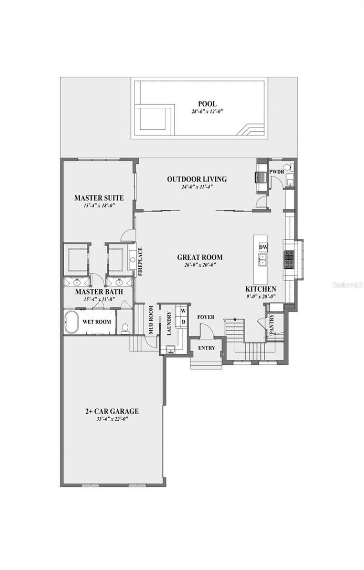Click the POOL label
click(207, 104)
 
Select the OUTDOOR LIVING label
click(197, 179)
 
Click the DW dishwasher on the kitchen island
click(263, 247)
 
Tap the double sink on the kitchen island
click(263, 260)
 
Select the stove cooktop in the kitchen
click(290, 258)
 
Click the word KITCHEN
click(261, 289)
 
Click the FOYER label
click(206, 317)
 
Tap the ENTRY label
click(206, 348)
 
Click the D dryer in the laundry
click(183, 322)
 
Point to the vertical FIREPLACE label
click(140, 262)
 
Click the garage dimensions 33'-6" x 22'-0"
click(111, 419)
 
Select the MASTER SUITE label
click(99, 198)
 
